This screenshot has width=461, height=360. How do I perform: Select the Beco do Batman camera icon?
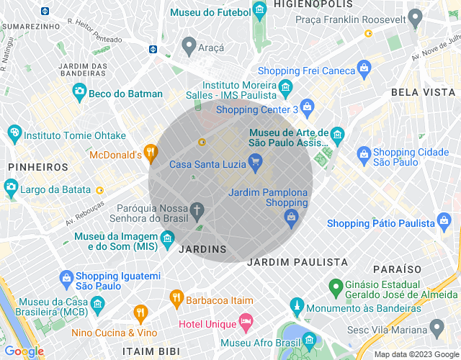pos(79,92)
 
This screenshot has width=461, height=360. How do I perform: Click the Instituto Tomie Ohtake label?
pos(75,135)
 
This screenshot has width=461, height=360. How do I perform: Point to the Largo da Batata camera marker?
pos(11,189)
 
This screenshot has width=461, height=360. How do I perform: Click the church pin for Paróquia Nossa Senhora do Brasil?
pos(197,210)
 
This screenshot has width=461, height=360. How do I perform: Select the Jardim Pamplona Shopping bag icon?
pos(291,216)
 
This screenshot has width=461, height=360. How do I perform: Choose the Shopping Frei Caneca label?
pos(307,71)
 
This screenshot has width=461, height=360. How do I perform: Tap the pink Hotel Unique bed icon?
pos(246,320)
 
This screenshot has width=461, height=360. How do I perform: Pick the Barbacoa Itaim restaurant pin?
pos(176,297)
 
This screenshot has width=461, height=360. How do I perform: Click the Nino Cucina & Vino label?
pos(114,333)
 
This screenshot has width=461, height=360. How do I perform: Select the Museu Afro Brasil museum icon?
pos(310,339)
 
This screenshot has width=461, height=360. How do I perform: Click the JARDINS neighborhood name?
pos(202,249)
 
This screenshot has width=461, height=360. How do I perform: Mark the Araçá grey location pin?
pos(189,47)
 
